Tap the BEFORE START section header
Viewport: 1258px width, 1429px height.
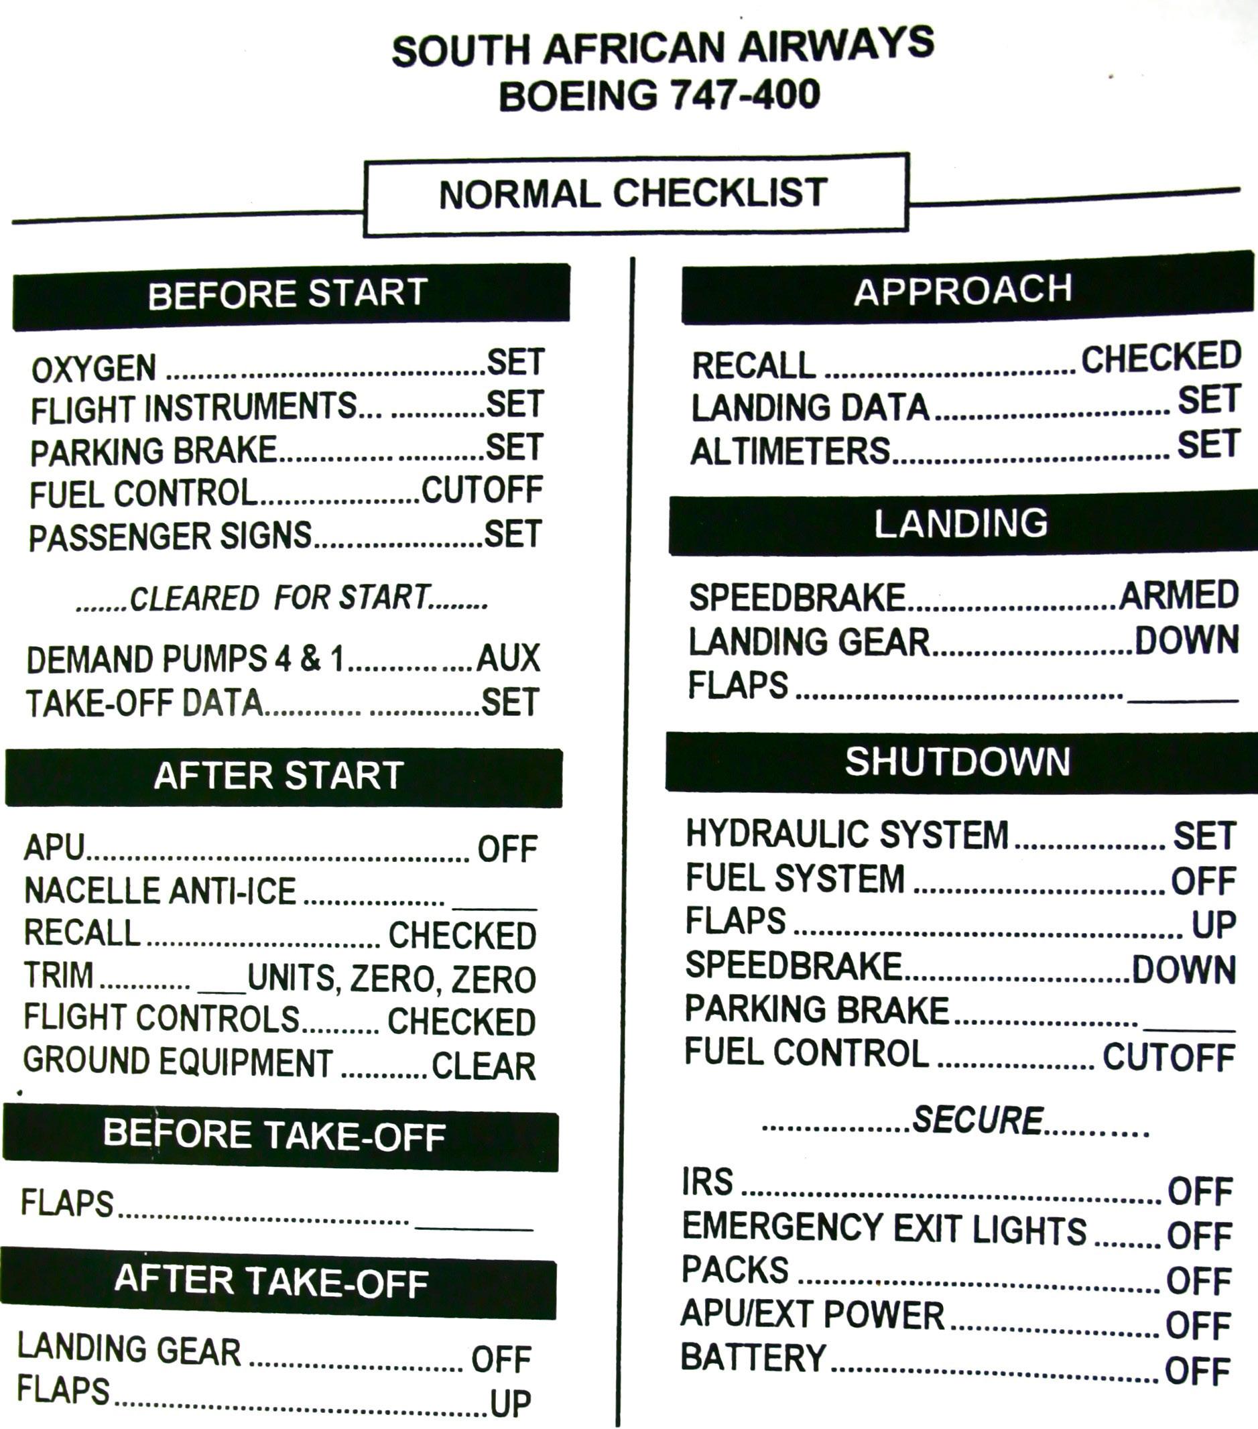point(288,294)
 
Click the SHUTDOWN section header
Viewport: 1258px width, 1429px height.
point(958,761)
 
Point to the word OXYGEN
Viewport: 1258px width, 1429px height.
point(94,369)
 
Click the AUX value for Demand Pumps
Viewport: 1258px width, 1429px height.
point(508,658)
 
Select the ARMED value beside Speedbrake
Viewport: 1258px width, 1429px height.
point(1178,595)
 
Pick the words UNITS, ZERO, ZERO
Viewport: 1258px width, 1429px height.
point(391,979)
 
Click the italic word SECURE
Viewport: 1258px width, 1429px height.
point(978,1120)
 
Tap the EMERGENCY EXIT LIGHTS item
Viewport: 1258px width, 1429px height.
point(884,1229)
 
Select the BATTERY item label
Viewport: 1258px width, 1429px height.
point(753,1358)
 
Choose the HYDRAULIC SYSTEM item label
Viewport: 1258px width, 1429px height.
point(847,834)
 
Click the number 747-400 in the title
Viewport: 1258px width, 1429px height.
point(745,95)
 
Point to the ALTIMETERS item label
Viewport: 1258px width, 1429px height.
point(790,452)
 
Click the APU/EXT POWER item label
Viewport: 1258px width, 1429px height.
point(812,1314)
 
